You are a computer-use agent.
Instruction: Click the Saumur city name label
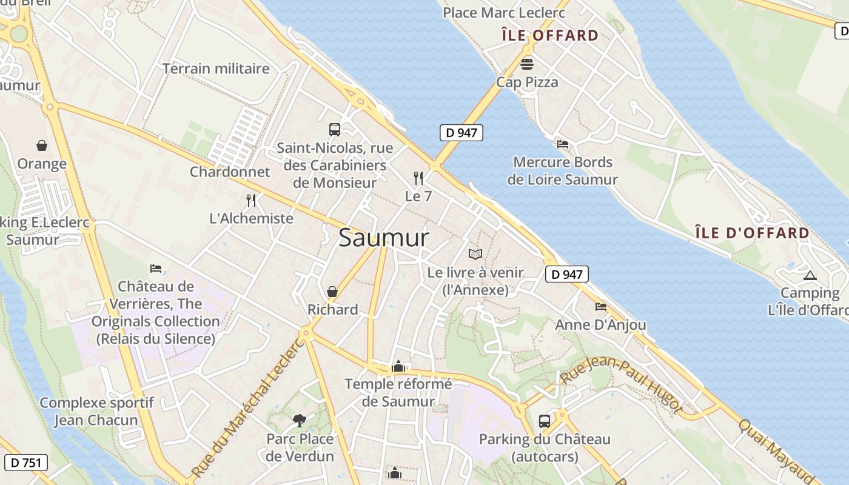tap(383, 238)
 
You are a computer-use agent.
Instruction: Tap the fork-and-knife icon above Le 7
tap(418, 178)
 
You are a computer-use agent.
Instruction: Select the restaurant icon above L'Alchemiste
tap(251, 200)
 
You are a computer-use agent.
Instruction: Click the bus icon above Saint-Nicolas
tap(335, 129)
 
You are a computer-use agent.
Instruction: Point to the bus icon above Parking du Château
tap(545, 421)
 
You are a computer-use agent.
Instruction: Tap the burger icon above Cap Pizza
tap(527, 64)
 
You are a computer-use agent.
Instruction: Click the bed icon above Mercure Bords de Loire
tap(563, 144)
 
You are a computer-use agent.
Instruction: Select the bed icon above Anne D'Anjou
tap(600, 307)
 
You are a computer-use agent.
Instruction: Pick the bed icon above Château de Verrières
tap(156, 268)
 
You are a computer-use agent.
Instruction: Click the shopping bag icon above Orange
tap(42, 145)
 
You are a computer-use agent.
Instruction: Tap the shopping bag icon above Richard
tap(332, 292)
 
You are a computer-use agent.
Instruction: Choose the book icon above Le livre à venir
tap(475, 255)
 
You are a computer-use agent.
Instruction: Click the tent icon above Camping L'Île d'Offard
tap(810, 275)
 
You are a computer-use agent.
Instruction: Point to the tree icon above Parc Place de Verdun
tap(300, 420)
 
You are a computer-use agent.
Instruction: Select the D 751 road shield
tap(25, 463)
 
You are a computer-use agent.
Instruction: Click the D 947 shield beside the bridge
tap(461, 133)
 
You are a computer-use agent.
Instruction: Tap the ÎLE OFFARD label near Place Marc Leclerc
tap(550, 35)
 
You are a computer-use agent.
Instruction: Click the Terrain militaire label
tap(216, 69)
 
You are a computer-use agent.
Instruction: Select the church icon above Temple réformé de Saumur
tap(398, 366)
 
